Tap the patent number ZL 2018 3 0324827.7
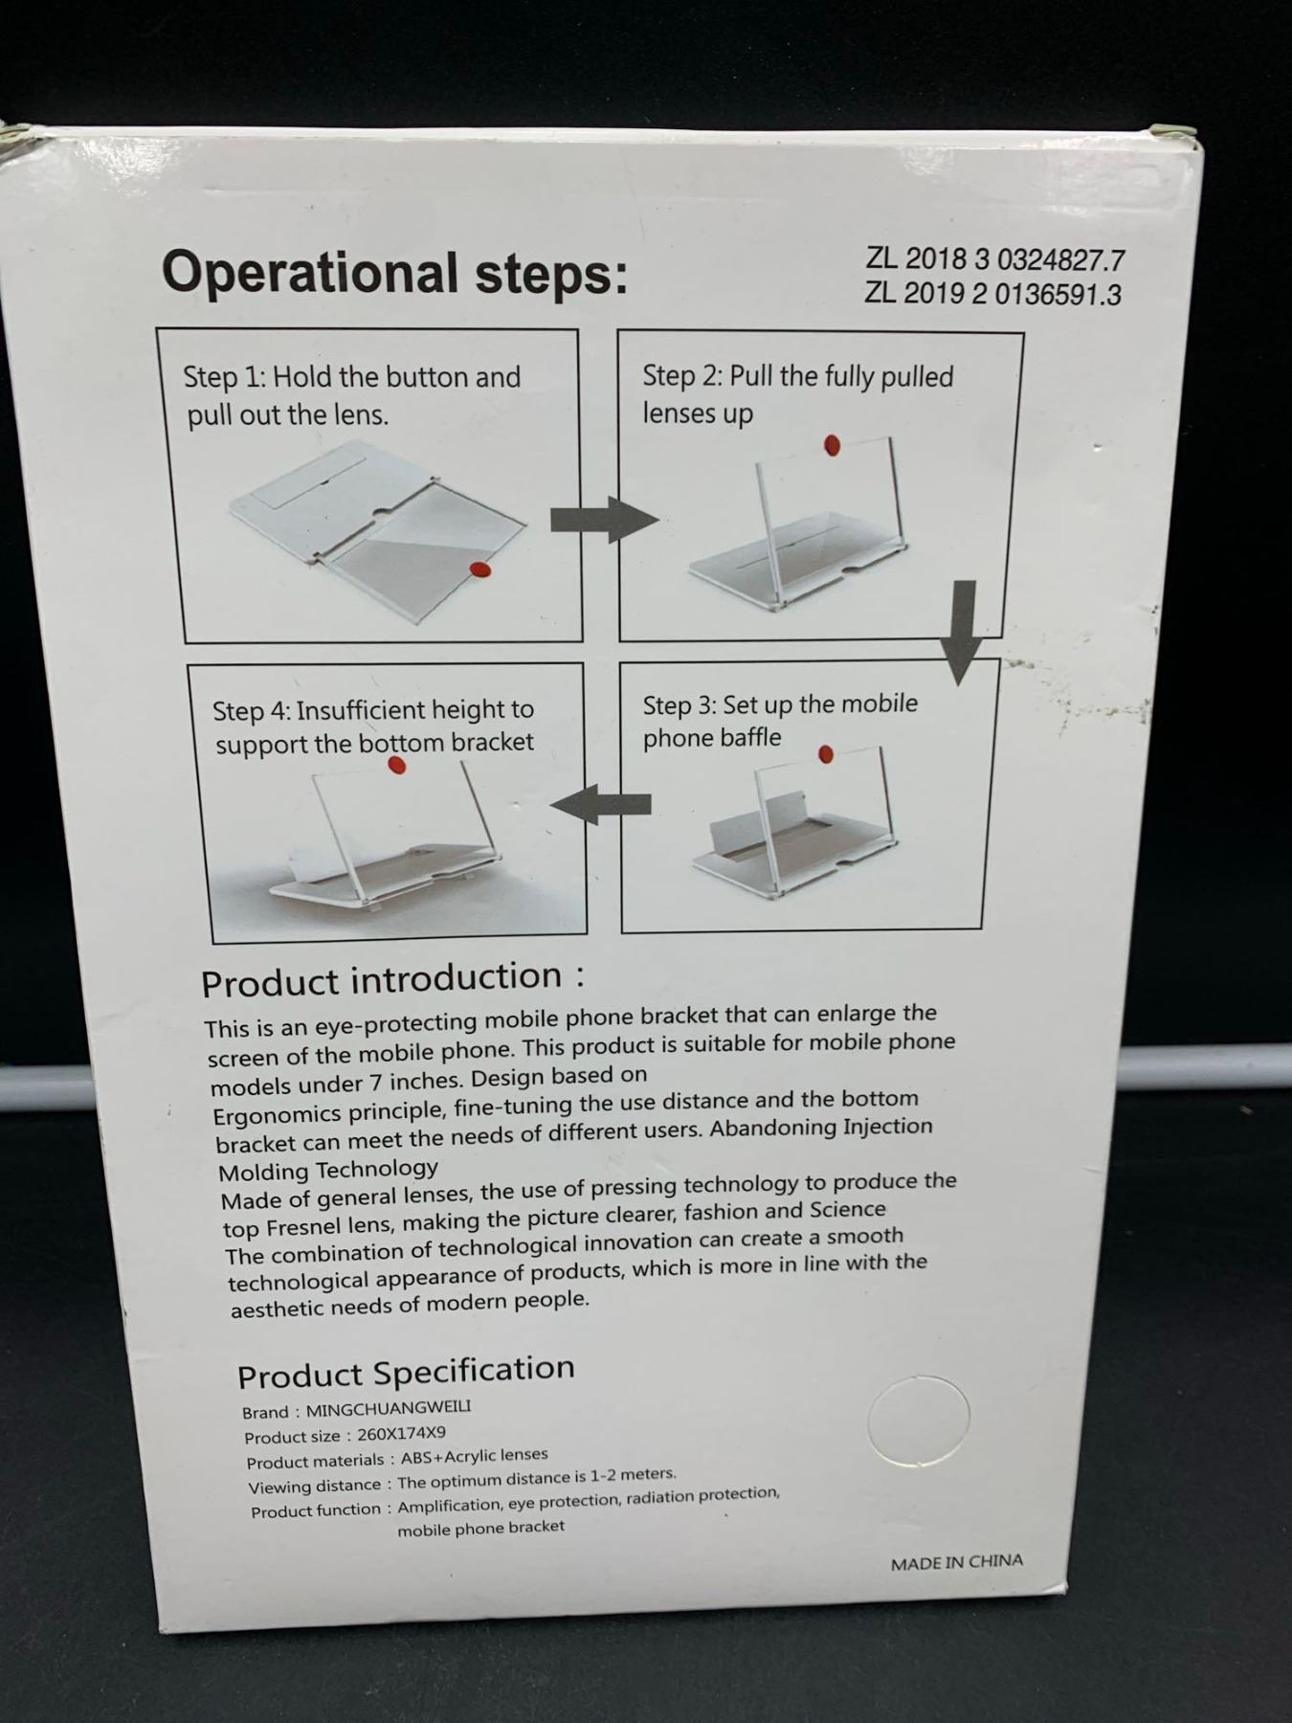pos(995,259)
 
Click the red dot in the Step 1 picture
pos(479,570)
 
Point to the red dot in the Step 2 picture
pos(832,443)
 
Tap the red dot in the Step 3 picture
pos(826,755)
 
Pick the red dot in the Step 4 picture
pos(396,765)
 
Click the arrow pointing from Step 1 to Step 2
pos(604,520)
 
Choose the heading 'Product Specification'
pos(406,1373)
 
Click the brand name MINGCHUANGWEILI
pos(389,1408)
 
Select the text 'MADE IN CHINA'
pos(957,1562)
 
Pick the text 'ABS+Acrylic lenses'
pos(474,1457)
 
